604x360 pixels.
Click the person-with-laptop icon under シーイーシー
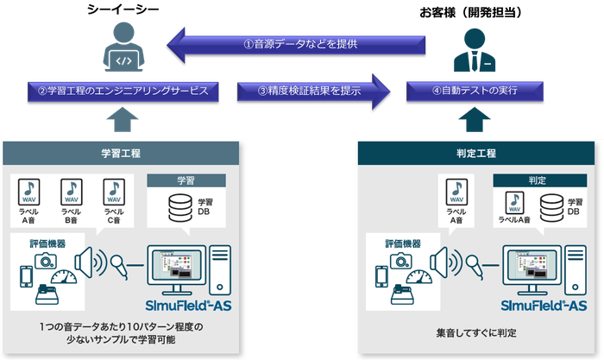point(118,48)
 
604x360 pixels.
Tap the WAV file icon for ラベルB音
point(72,192)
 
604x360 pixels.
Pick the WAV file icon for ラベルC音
point(113,192)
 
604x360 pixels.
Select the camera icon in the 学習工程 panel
point(45,256)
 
